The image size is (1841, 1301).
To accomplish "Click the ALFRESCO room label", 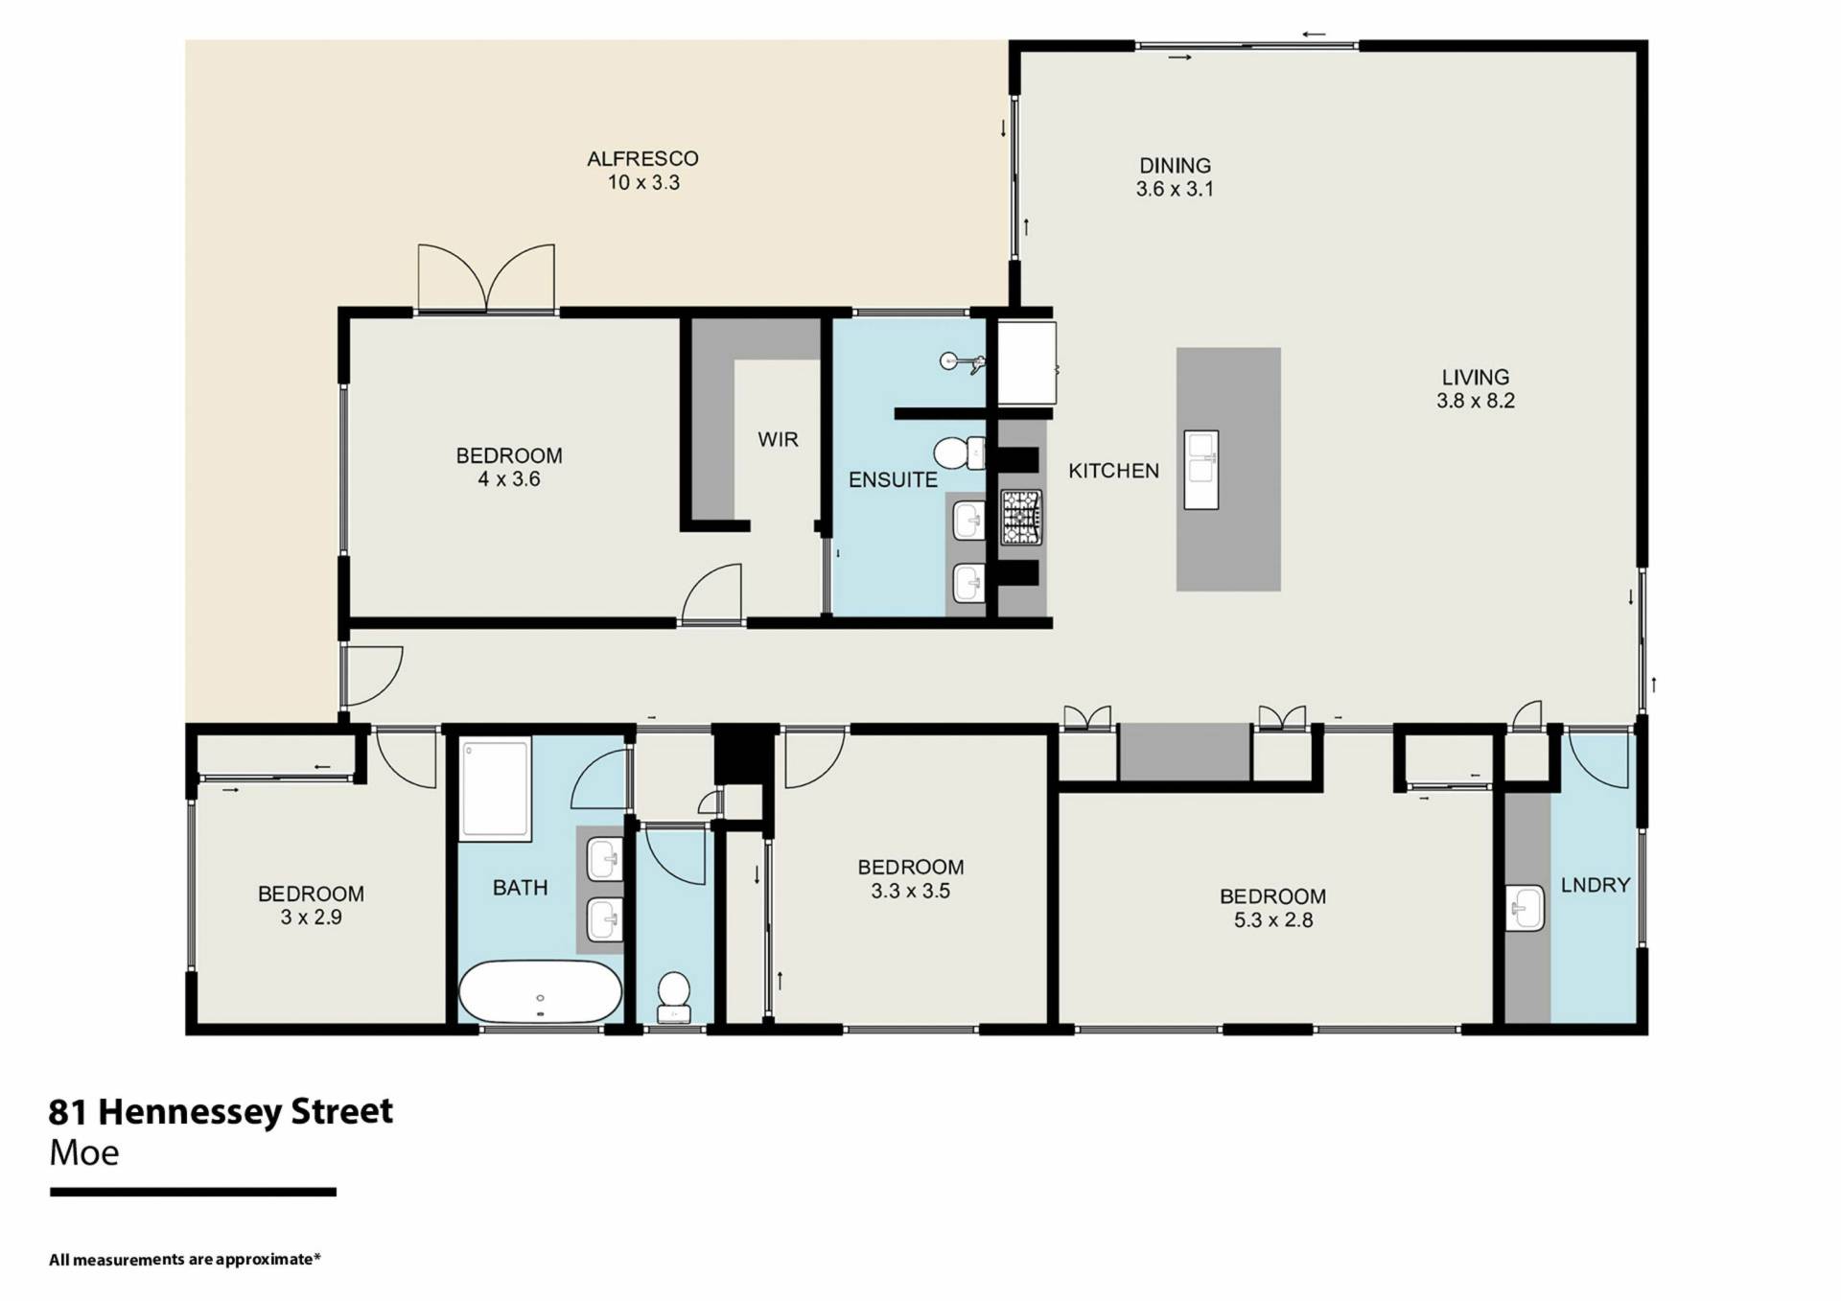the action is (642, 158).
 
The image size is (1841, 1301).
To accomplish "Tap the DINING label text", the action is (1175, 165).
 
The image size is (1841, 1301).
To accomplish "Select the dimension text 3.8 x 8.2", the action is (1475, 401).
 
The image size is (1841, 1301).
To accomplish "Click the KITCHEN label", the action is (1113, 471).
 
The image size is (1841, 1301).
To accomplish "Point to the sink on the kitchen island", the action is (1201, 470).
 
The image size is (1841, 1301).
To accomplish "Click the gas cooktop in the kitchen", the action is (1021, 518).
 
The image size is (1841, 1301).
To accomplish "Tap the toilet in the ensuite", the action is (960, 453).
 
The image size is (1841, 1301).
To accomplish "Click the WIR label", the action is (778, 439).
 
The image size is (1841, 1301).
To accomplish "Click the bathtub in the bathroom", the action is (540, 991).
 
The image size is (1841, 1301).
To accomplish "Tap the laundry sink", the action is (1525, 908).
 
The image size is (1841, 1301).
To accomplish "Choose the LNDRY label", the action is (1595, 885).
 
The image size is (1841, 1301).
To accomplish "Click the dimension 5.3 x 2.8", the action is (1272, 920).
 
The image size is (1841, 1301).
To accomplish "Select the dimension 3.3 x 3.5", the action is (910, 891).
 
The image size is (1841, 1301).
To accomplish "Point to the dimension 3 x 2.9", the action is (311, 917).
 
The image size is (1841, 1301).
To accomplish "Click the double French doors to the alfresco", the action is (486, 278).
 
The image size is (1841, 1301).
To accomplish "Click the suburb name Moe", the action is (84, 1152).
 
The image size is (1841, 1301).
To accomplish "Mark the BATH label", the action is (520, 888).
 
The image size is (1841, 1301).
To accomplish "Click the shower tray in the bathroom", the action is (496, 789).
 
